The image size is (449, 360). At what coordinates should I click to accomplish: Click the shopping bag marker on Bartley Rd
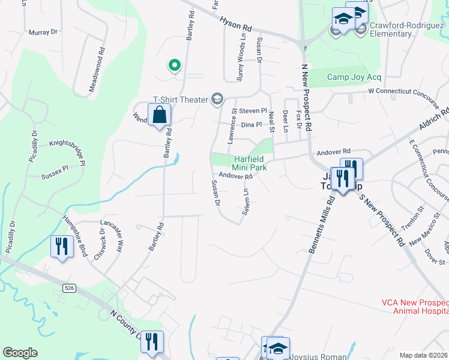click(159, 114)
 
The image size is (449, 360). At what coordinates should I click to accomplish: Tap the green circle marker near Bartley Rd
click(175, 65)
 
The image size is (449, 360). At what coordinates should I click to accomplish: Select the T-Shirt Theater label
click(180, 100)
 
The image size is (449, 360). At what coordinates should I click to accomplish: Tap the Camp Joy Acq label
click(354, 77)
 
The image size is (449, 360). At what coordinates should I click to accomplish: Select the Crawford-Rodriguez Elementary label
click(399, 30)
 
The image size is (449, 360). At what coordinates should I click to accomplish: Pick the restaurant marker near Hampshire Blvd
click(62, 247)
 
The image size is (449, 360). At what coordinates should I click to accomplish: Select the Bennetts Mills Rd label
click(322, 229)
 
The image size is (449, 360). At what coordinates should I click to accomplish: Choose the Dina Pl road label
click(251, 125)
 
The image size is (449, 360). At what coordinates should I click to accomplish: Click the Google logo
click(20, 353)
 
